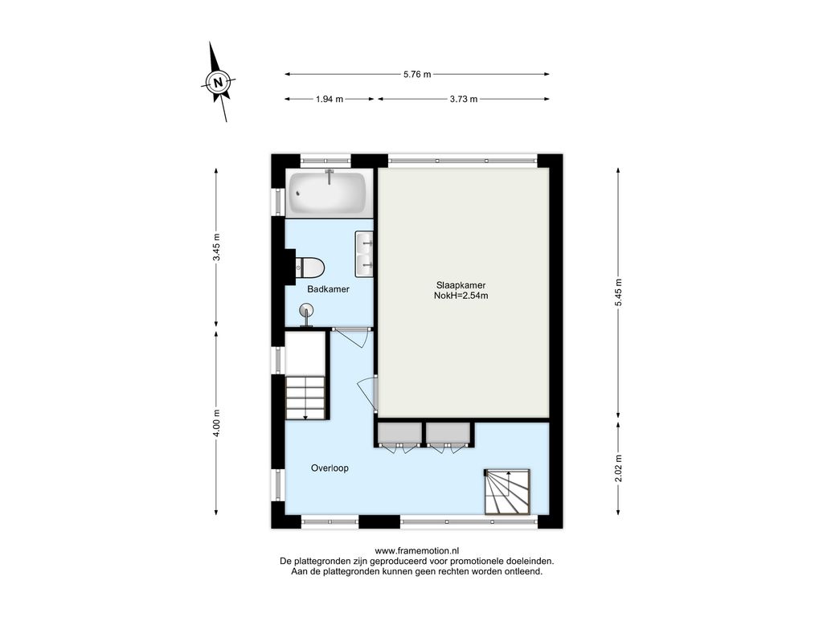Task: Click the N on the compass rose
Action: pos(218,82)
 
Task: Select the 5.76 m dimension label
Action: pos(417,75)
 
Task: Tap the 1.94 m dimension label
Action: pos(330,99)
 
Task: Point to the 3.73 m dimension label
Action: pos(464,99)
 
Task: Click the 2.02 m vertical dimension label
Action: pos(618,468)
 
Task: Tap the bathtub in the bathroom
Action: pos(329,193)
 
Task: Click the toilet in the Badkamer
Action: pos(309,268)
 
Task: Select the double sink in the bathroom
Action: pos(364,254)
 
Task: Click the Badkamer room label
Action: pos(328,289)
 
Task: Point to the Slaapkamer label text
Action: pos(461,285)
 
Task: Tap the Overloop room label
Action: pos(330,468)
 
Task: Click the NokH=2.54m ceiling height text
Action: pos(461,296)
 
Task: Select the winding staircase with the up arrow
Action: pos(507,492)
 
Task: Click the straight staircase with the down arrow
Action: pos(307,398)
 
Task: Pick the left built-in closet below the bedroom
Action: pos(399,433)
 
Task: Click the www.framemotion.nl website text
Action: pos(417,551)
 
